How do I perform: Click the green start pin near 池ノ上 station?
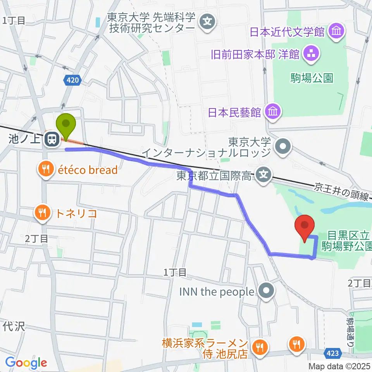[x=66, y=125]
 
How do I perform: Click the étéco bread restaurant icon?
[x=45, y=169]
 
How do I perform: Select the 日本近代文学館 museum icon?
[x=336, y=31]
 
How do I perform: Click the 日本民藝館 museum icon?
[x=272, y=112]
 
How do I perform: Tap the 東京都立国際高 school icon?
[x=263, y=176]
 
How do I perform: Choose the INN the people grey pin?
[x=266, y=292]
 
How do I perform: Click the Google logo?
[x=26, y=363]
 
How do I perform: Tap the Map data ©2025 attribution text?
[x=339, y=366]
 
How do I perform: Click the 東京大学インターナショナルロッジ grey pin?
[x=283, y=146]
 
